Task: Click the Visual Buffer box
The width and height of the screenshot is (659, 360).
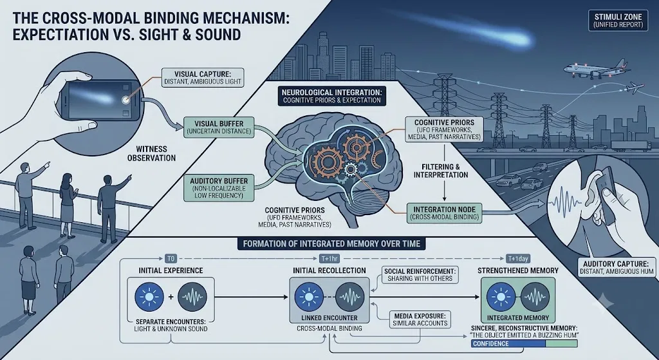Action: [219, 128]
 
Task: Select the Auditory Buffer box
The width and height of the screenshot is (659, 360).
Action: [219, 187]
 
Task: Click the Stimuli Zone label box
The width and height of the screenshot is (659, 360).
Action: [618, 21]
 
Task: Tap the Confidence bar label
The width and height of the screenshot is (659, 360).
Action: [491, 344]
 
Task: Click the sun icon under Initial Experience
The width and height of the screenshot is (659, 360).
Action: [149, 296]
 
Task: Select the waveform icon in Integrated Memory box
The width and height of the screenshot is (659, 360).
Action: [535, 297]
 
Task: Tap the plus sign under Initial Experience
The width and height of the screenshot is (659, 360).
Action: [171, 297]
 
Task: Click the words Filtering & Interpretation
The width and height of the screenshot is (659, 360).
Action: [441, 170]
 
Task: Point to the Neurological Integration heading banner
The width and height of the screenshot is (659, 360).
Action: [331, 95]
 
